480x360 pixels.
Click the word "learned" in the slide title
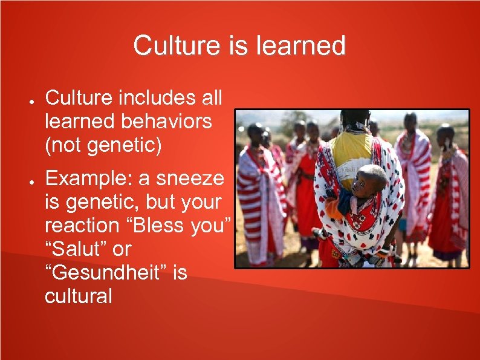tap(306, 45)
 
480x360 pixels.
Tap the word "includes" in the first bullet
tap(160, 97)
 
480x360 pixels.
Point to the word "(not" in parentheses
tap(63, 145)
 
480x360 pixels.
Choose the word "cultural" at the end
tap(78, 296)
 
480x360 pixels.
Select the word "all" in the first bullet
tap(212, 97)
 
